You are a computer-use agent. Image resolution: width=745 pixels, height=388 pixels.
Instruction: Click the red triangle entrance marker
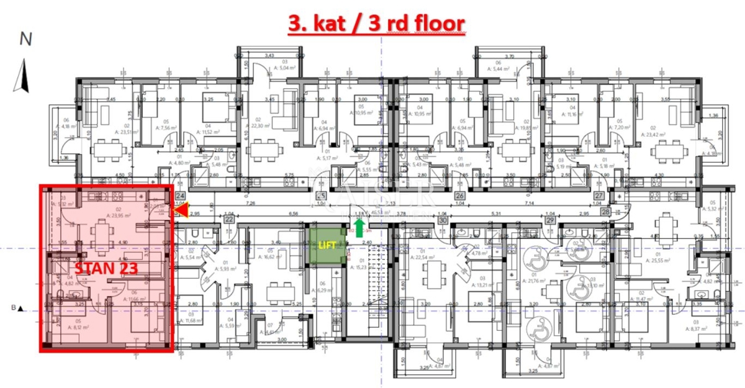(x=183, y=211)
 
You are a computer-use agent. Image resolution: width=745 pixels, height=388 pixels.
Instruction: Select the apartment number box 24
(x=181, y=194)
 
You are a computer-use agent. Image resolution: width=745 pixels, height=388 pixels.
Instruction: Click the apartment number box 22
(x=228, y=219)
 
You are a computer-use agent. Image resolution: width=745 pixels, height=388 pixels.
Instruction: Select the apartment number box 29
(x=550, y=220)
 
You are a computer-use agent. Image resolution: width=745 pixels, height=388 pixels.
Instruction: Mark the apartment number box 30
(x=443, y=220)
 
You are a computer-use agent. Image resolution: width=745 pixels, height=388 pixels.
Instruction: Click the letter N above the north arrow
(x=25, y=38)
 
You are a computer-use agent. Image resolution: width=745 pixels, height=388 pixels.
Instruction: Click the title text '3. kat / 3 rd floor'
(x=376, y=24)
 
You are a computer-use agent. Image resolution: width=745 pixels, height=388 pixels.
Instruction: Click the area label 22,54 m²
(x=424, y=257)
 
